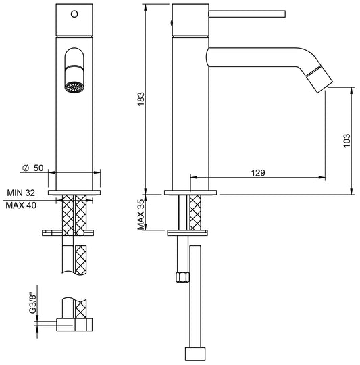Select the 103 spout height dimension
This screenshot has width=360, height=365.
tap(346, 139)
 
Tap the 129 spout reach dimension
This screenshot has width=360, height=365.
tap(257, 172)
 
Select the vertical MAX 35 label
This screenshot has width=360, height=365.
tap(140, 215)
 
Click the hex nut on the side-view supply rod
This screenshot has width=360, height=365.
tap(181, 276)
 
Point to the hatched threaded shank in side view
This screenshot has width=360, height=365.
tap(197, 213)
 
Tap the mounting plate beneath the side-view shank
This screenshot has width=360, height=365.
tap(191, 234)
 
